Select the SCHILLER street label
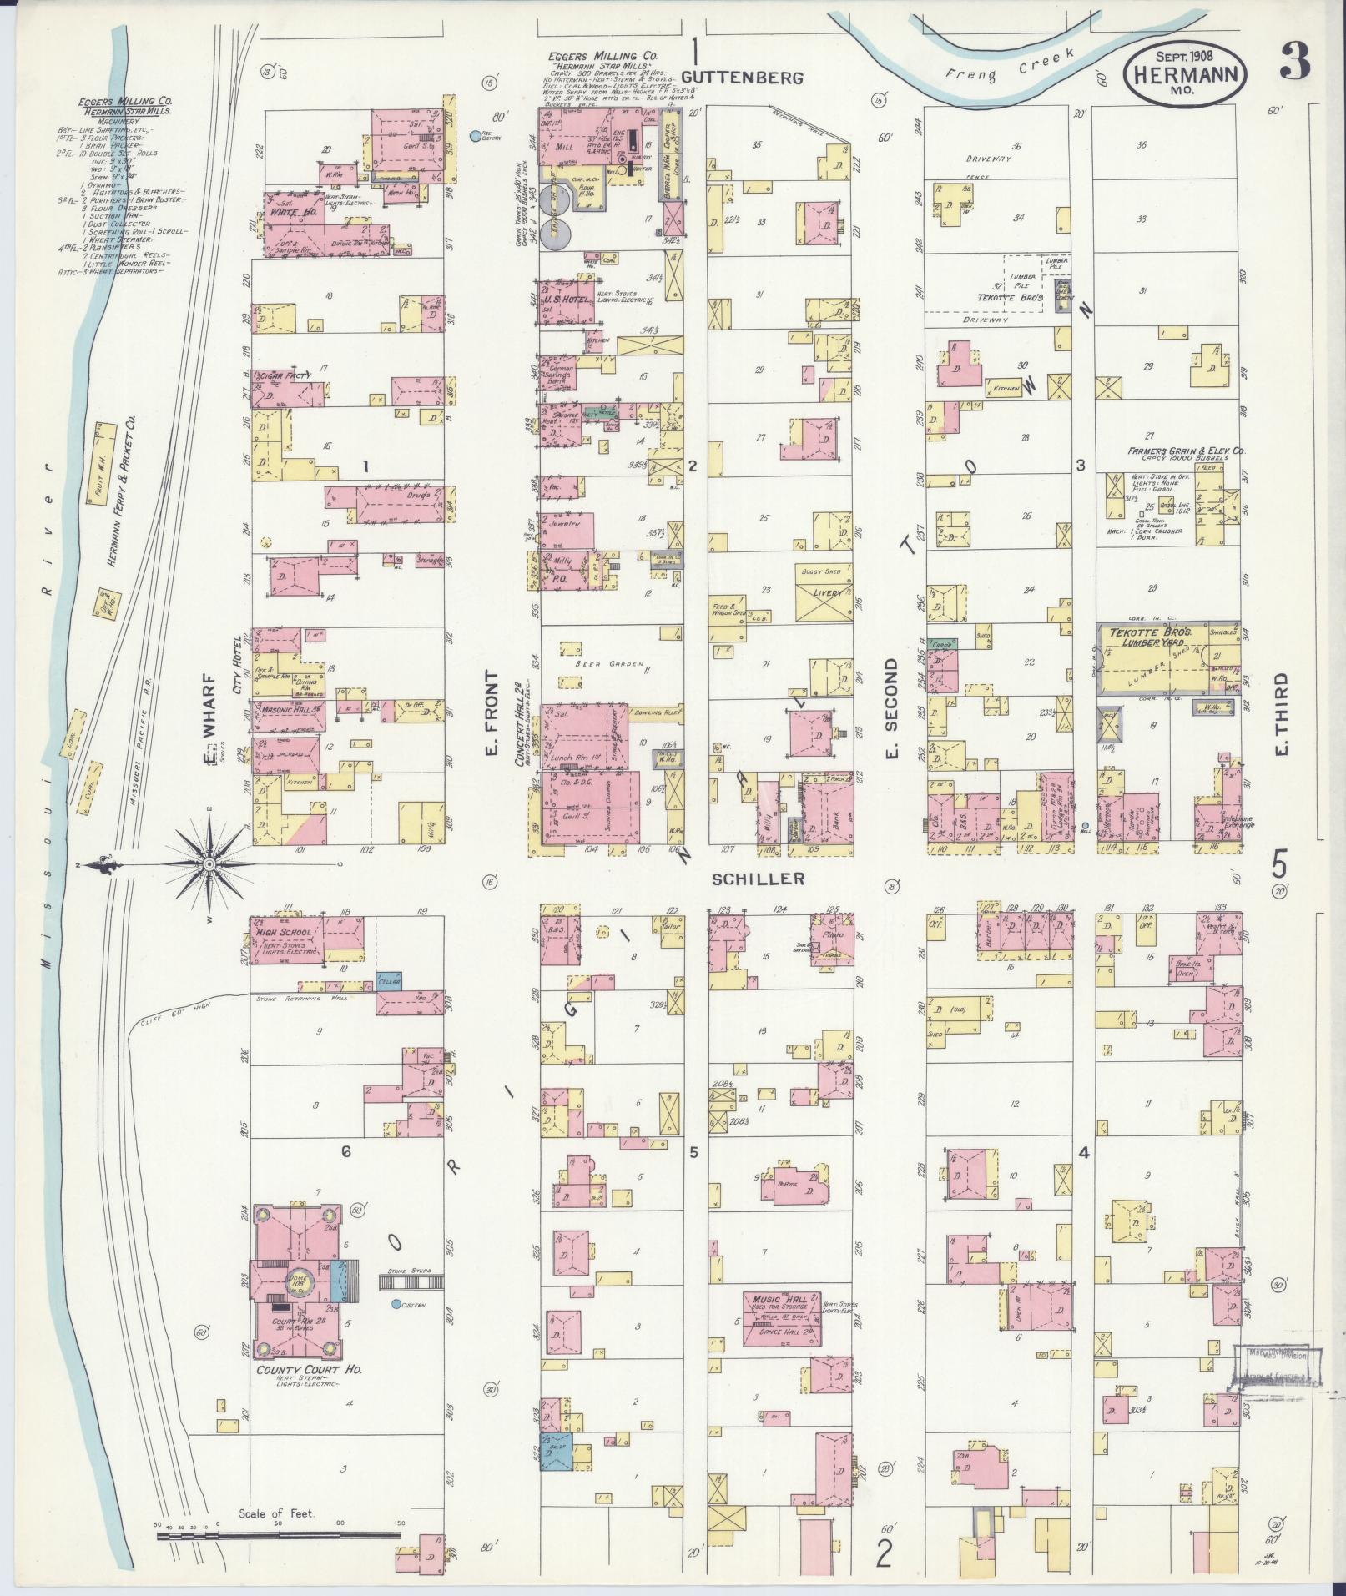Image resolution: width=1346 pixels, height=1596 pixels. coord(759,879)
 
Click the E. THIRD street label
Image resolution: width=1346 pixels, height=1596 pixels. coord(1280,714)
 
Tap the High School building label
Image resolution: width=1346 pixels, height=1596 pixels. coord(285,933)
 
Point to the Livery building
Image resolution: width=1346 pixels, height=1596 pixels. coord(824,593)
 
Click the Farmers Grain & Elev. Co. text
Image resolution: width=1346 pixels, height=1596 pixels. coord(1186,451)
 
